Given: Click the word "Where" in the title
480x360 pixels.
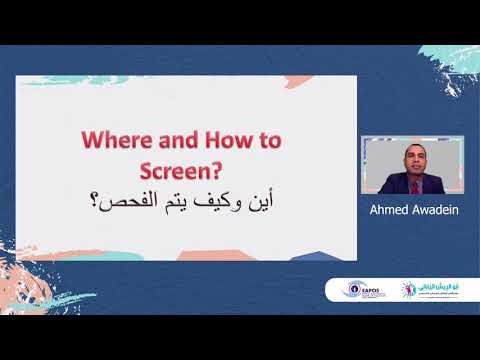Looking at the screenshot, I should pyautogui.click(x=111, y=141).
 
